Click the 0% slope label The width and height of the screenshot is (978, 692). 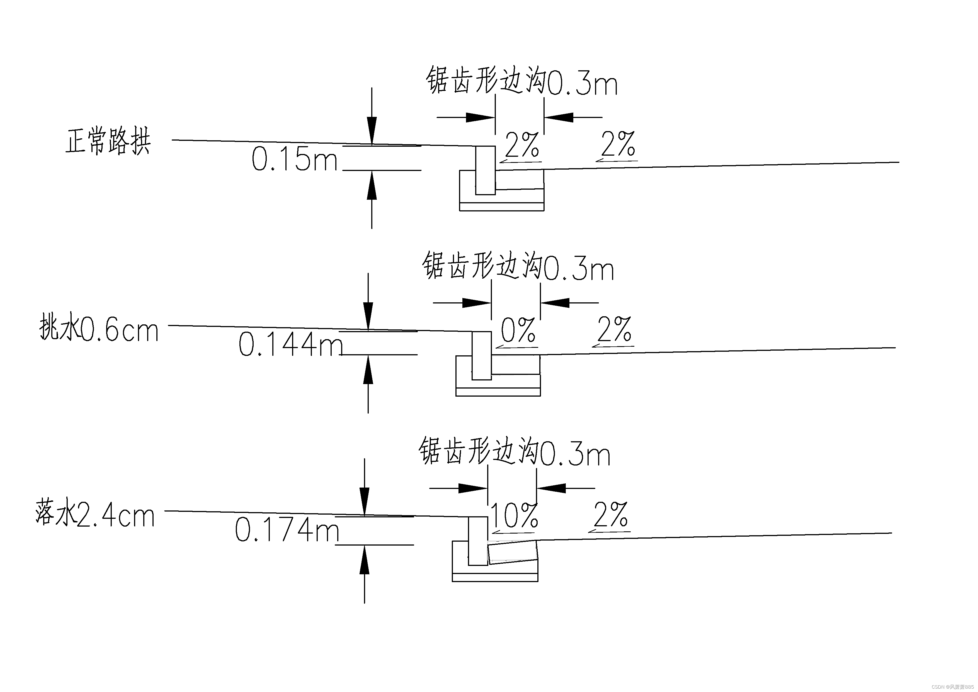518,331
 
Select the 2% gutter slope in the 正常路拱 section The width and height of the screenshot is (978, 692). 522,145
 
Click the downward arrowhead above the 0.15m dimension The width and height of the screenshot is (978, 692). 372,130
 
